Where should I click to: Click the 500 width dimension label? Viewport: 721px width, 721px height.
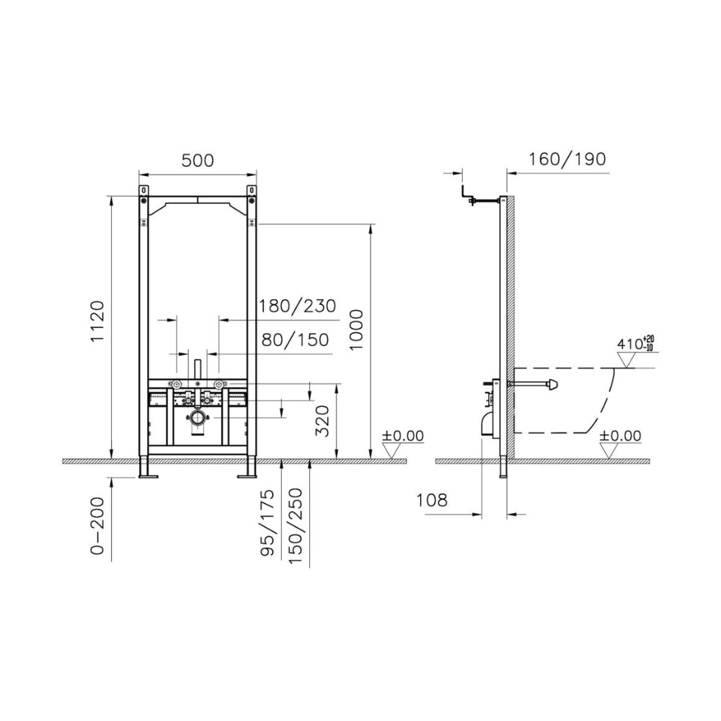(x=198, y=161)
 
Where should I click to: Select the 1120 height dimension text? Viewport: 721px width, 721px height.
(x=97, y=322)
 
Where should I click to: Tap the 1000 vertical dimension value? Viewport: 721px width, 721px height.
(x=356, y=330)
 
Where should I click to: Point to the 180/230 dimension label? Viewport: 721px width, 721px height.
(x=298, y=306)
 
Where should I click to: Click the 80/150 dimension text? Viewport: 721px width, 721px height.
(x=295, y=340)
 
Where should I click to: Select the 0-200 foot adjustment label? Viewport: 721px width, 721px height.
(x=97, y=526)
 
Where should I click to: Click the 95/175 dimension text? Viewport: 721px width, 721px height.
(x=267, y=523)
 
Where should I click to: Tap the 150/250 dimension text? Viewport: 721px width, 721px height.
(x=295, y=526)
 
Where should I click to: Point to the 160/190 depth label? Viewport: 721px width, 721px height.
(x=567, y=159)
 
